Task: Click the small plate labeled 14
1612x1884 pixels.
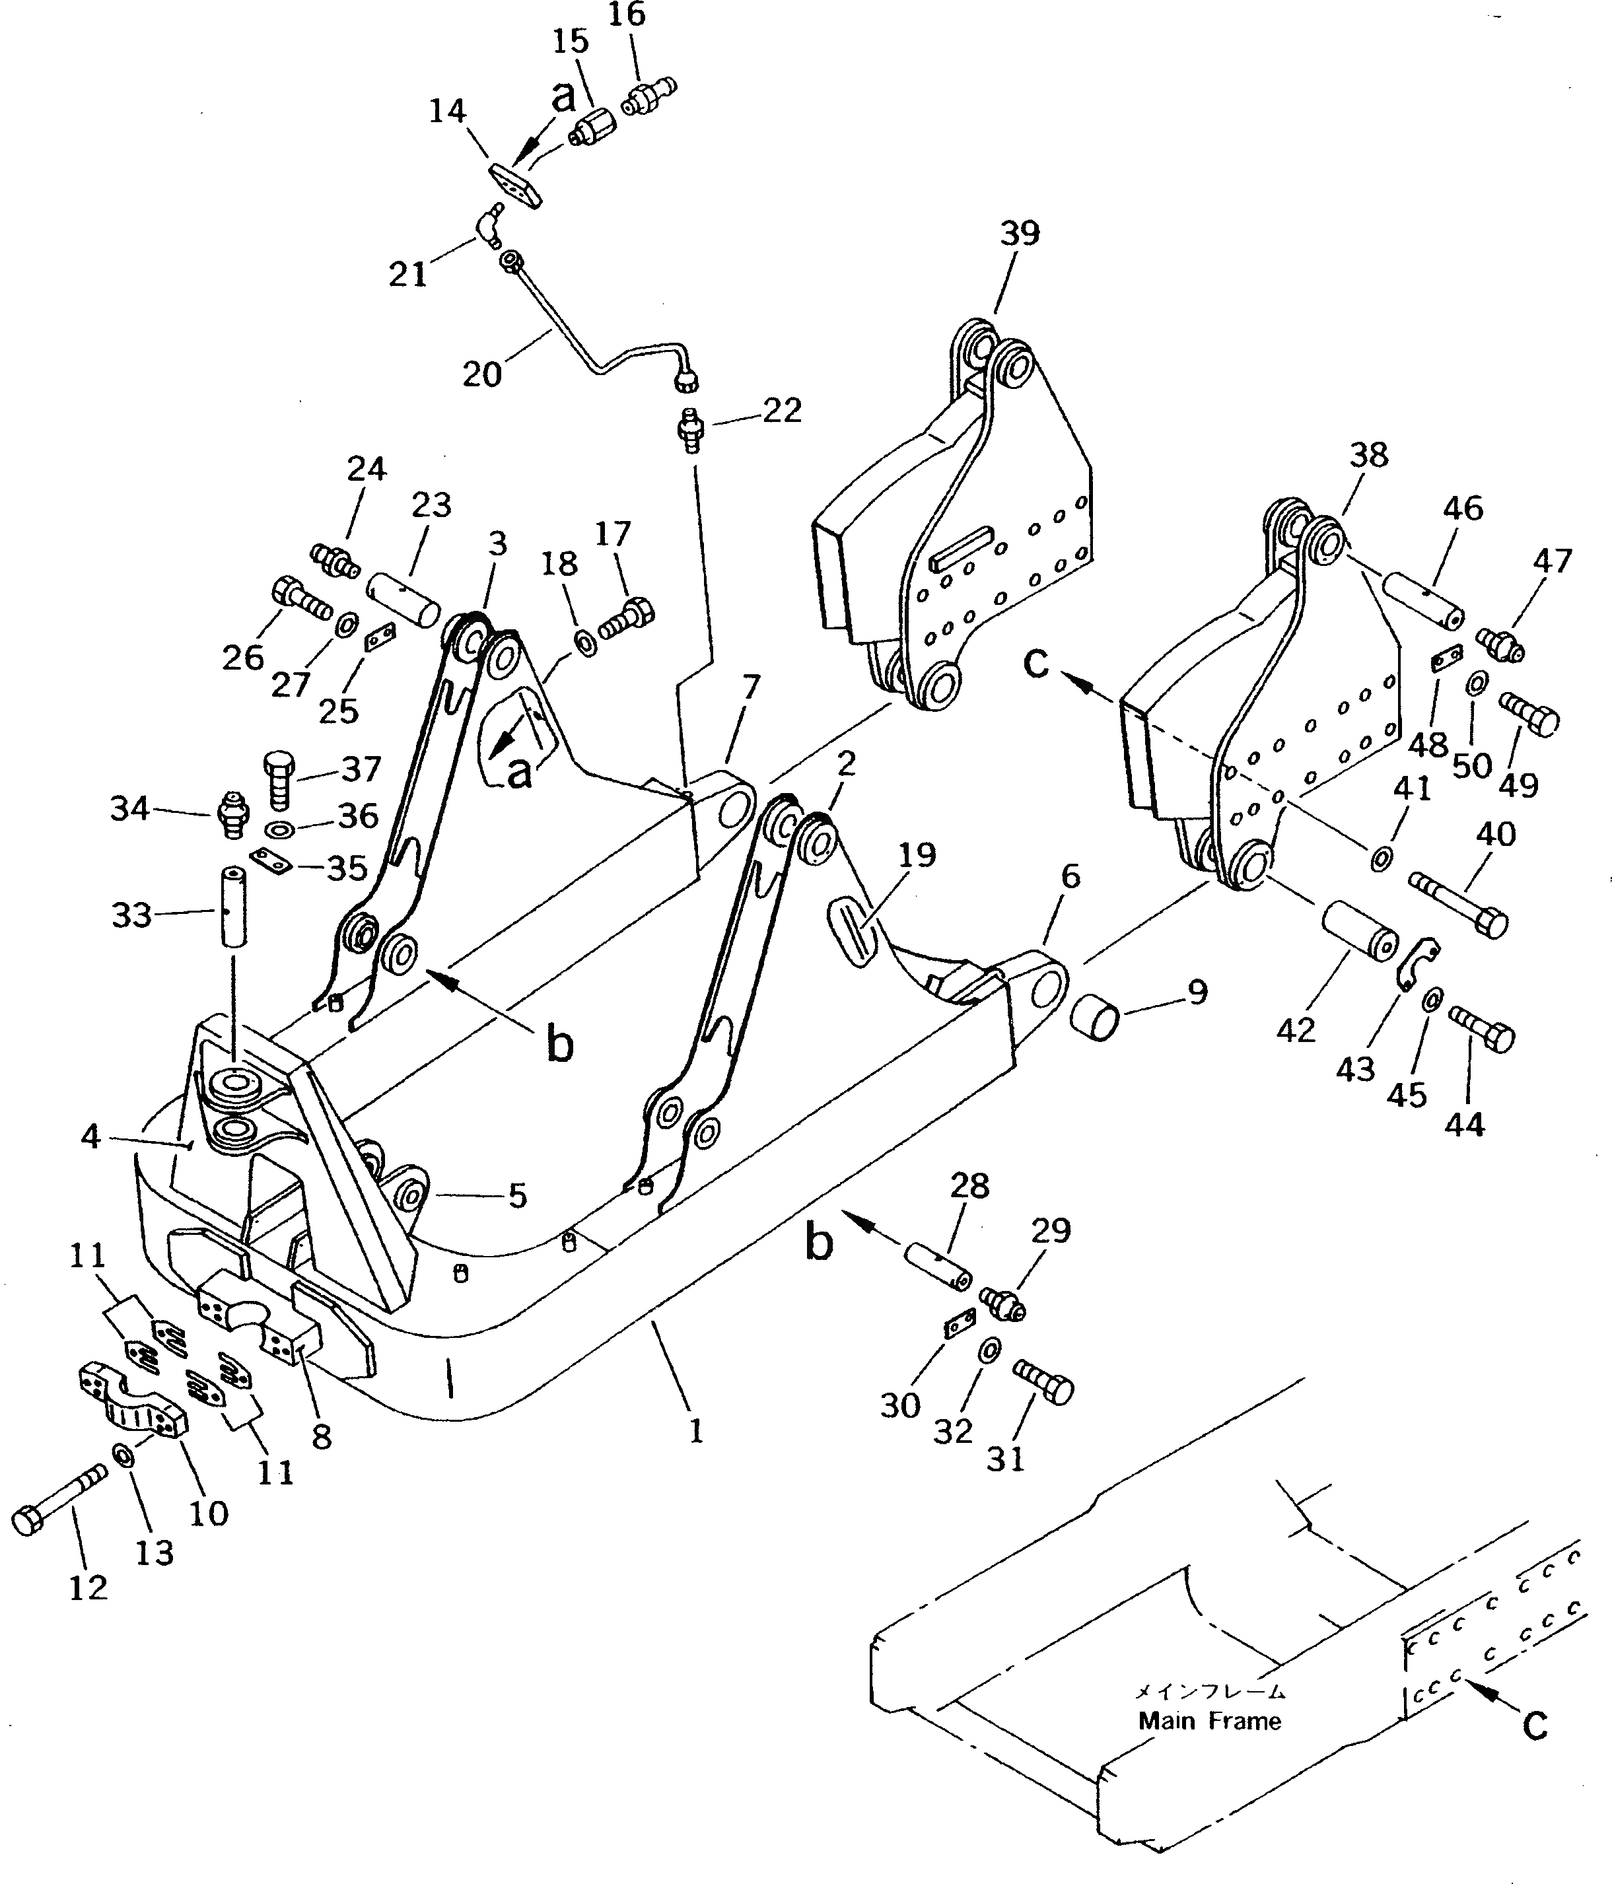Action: click(514, 186)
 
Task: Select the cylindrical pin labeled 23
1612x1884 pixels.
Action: click(403, 596)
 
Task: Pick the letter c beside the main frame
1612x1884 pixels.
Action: click(1535, 1724)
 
